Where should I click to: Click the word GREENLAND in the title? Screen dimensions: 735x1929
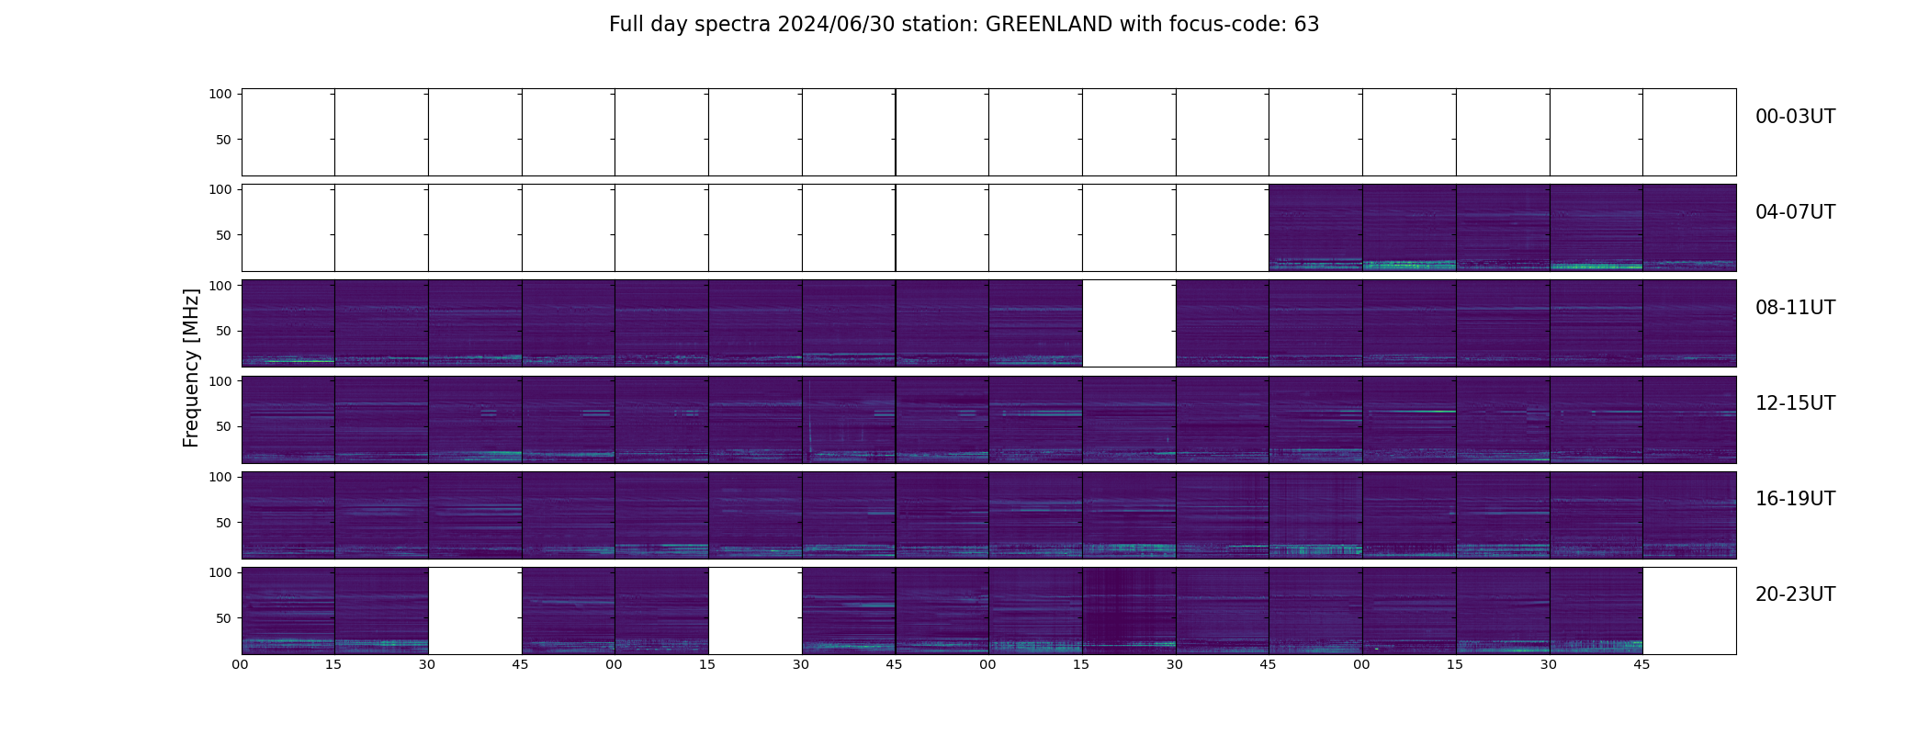click(x=1049, y=25)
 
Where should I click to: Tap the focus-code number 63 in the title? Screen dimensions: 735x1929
click(x=1306, y=25)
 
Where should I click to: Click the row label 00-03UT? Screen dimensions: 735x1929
click(x=1795, y=117)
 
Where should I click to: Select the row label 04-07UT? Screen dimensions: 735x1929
click(x=1795, y=212)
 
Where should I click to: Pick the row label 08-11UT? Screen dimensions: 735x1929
click(x=1795, y=308)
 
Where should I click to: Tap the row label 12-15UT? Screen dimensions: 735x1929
click(x=1795, y=403)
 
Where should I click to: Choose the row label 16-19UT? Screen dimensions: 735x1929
click(x=1795, y=499)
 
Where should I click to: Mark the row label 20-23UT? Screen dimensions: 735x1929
click(x=1795, y=594)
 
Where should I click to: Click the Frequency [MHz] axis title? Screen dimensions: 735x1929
click(x=191, y=368)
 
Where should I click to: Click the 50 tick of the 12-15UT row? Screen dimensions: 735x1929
click(x=223, y=426)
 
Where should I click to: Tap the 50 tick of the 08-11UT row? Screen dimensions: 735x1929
click(x=223, y=331)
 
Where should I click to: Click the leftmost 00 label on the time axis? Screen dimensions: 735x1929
click(x=241, y=664)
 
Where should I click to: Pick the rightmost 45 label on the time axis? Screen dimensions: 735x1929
click(x=1641, y=664)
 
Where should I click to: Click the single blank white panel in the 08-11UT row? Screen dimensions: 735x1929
click(x=1129, y=323)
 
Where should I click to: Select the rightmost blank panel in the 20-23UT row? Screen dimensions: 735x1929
click(x=1689, y=611)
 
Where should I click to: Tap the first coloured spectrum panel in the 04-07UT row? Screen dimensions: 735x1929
click(x=1315, y=228)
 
